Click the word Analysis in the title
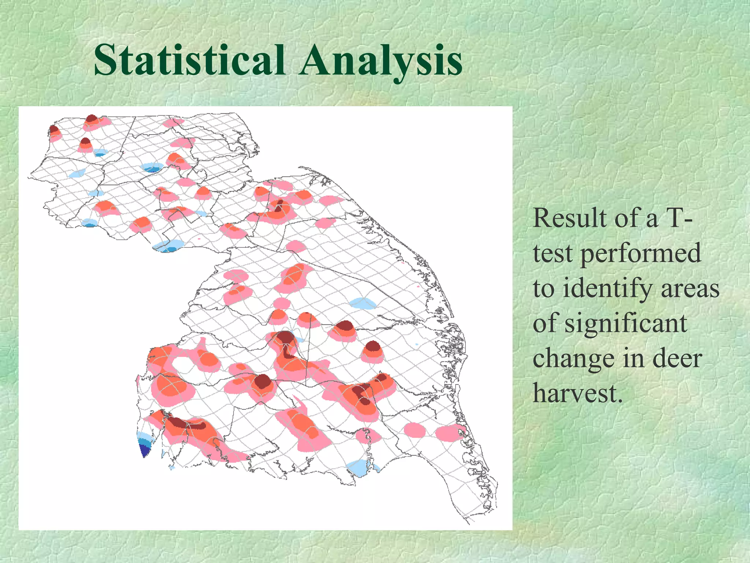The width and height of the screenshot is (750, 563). [381, 60]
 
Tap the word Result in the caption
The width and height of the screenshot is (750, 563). [569, 218]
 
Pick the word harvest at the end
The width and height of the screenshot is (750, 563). [578, 393]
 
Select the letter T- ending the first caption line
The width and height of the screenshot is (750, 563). [677, 218]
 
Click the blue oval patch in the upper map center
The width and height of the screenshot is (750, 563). [152, 168]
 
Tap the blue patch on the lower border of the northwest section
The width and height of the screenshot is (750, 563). [168, 246]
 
